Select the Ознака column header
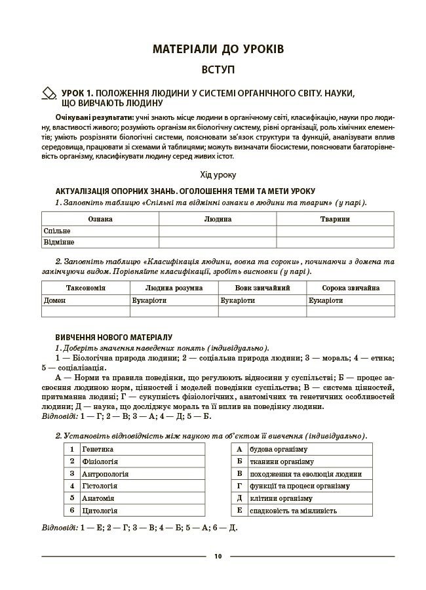pyautogui.click(x=100, y=219)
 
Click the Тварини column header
pyautogui.click(x=335, y=219)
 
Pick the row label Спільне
pyautogui.click(x=57, y=231)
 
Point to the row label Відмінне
pyautogui.click(x=59, y=243)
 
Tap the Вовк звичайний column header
pyautogui.click(x=262, y=288)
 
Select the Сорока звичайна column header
pyautogui.click(x=350, y=288)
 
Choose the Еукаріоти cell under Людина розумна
pyautogui.click(x=149, y=300)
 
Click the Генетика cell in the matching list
pyautogui.click(x=98, y=449)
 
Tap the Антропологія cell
pyautogui.click(x=106, y=473)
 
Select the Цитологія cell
pyautogui.click(x=100, y=510)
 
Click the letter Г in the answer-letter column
pyautogui.click(x=239, y=486)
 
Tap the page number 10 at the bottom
pyautogui.click(x=218, y=557)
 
